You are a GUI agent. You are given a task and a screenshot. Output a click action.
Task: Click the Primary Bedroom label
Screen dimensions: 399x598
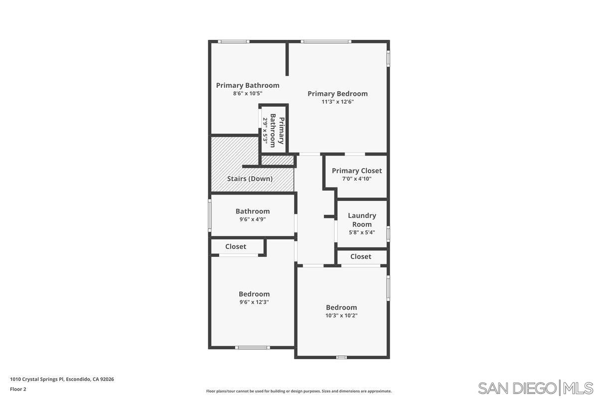coord(337,93)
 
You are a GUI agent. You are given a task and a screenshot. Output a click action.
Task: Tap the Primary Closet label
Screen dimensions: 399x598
coord(357,171)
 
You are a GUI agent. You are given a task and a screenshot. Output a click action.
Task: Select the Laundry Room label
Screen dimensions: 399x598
coord(362,220)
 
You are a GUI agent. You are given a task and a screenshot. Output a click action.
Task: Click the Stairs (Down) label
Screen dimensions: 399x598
coord(250,179)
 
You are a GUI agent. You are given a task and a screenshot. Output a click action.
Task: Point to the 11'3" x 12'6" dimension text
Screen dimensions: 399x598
coord(337,102)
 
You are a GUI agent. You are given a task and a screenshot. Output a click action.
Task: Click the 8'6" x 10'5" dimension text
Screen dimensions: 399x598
coord(248,93)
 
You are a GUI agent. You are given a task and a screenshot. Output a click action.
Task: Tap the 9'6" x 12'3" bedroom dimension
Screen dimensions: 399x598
coord(254,302)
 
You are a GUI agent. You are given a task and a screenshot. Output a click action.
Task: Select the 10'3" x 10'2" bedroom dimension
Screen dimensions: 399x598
coord(341,315)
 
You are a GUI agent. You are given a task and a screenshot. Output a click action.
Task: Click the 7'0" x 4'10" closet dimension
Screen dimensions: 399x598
coord(357,179)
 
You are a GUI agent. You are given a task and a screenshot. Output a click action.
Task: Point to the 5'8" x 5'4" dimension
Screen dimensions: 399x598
coord(362,232)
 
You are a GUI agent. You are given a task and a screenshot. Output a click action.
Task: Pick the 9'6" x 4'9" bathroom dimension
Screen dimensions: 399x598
coord(253,219)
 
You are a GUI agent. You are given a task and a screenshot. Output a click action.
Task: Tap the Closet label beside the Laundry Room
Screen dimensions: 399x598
coord(361,256)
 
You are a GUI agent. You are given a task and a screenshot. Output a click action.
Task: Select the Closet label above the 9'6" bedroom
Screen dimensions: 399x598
coord(236,246)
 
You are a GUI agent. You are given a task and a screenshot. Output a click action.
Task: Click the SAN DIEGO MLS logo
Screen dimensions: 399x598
coord(536,388)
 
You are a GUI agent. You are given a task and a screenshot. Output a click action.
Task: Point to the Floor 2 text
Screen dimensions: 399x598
coord(18,389)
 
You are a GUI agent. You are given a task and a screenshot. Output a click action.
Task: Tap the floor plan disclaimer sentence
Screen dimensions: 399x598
coord(299,391)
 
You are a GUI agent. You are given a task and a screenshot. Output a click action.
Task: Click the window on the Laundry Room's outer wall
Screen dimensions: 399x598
coord(388,233)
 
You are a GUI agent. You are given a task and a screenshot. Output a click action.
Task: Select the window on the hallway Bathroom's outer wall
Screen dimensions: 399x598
coord(210,215)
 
